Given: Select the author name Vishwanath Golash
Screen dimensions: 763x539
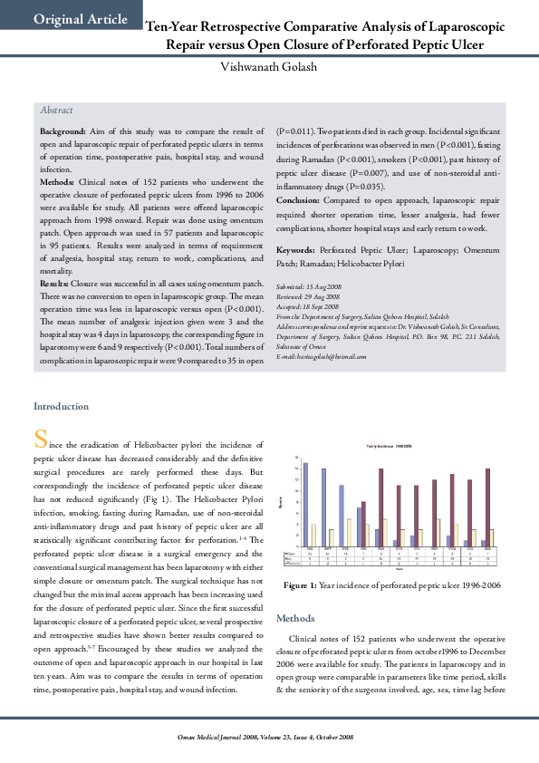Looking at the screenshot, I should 269,68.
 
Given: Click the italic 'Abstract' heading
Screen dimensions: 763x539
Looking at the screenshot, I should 56,110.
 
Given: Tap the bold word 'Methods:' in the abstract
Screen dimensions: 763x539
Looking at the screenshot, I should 57,180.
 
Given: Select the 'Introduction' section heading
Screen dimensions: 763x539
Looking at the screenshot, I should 62,407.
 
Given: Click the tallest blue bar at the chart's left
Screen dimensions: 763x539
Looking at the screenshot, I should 306,504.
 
